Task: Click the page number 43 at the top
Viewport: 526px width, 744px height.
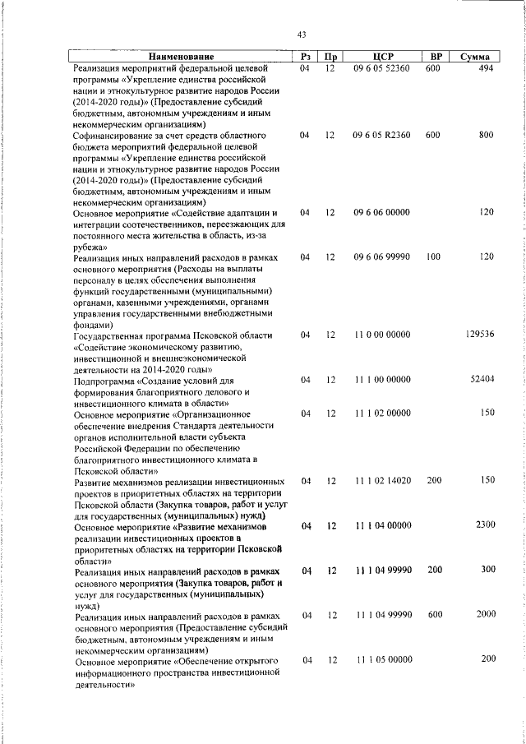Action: tap(302, 34)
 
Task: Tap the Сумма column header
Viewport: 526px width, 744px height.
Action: tap(475, 57)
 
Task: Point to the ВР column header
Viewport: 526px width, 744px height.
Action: tap(436, 57)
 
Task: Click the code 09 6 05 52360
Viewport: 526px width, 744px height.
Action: tap(381, 69)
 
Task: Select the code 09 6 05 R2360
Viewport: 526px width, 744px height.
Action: tap(381, 135)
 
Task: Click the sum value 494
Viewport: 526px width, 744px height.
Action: tap(485, 69)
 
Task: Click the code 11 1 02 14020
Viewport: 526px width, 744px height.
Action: tap(382, 480)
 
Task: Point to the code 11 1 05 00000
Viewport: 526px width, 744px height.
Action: tap(382, 659)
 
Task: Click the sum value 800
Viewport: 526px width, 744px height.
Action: tap(485, 135)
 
